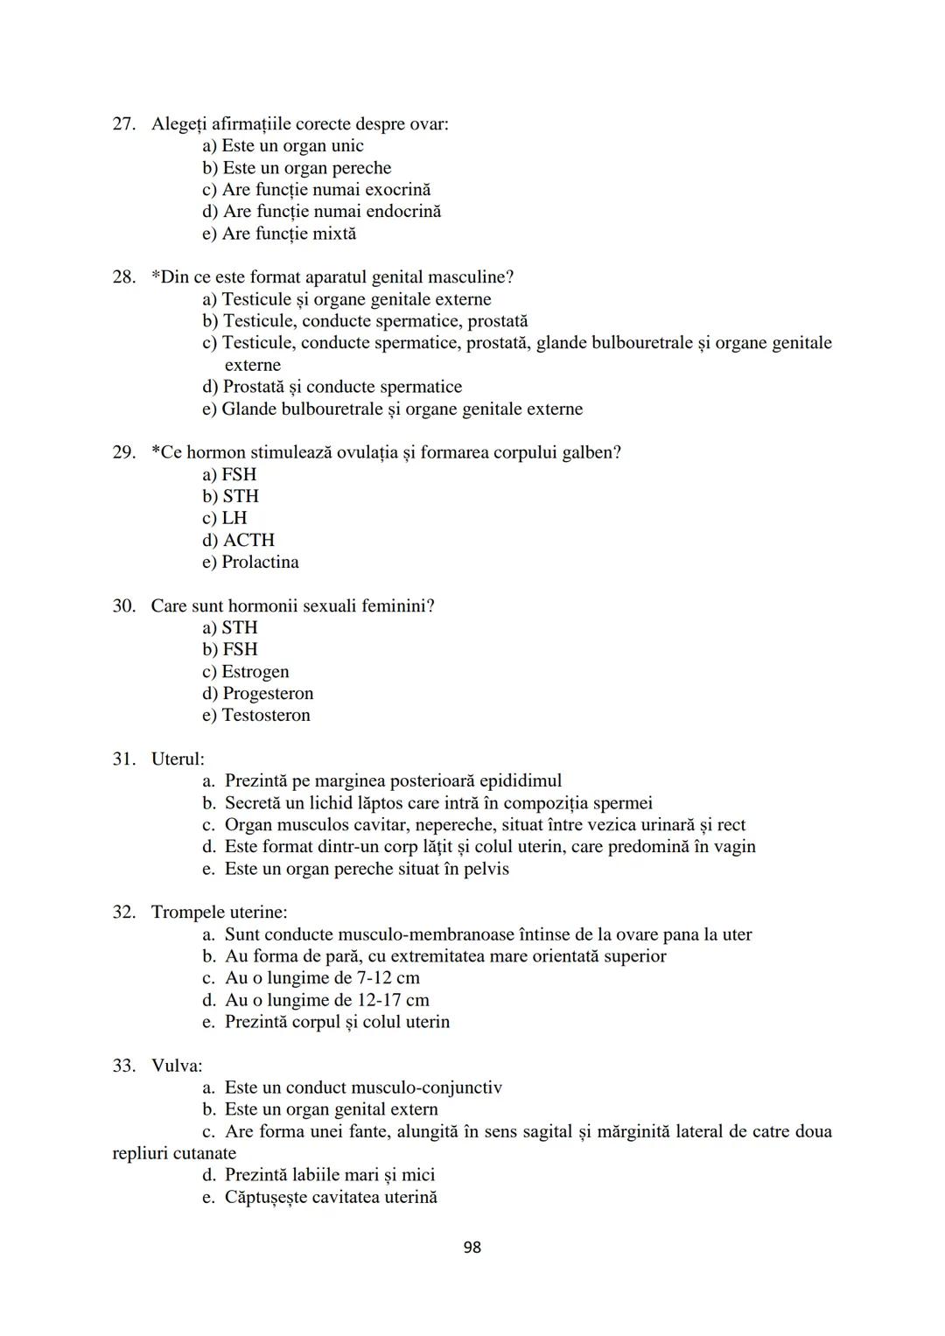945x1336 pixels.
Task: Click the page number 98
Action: (x=472, y=1247)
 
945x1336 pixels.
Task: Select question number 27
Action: (x=123, y=124)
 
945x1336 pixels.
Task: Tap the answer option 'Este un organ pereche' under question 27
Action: (x=297, y=168)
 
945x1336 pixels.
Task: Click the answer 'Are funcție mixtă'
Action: (x=279, y=234)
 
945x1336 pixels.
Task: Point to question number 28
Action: (x=123, y=277)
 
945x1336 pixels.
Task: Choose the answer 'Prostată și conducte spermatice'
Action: (x=332, y=387)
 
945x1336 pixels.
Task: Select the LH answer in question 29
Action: (x=225, y=518)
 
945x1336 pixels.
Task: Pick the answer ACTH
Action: (x=239, y=540)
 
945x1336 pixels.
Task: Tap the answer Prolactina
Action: (x=250, y=562)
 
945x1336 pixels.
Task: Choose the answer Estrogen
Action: (x=246, y=672)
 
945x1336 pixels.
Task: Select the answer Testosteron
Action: (x=256, y=716)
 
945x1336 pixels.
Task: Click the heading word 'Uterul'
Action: (x=177, y=759)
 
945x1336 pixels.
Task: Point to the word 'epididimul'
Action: (x=520, y=780)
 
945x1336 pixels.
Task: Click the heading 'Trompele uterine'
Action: (x=219, y=913)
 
